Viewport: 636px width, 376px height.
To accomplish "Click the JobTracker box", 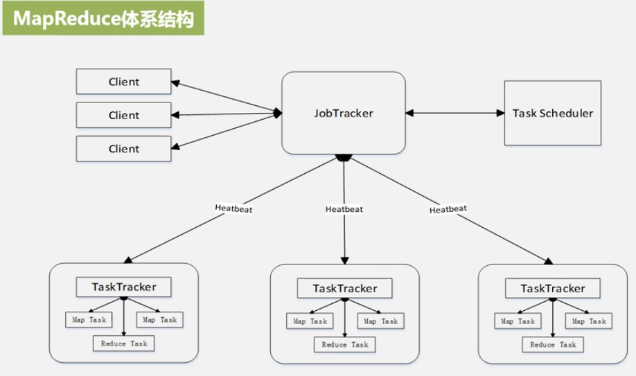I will coord(343,113).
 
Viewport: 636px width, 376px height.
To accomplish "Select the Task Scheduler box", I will coord(553,113).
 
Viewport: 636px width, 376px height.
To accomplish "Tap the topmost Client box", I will coord(123,82).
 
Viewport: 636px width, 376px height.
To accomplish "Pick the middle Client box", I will coord(123,115).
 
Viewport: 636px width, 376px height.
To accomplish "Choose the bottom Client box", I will coord(123,148).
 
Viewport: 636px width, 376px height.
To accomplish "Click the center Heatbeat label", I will coord(344,208).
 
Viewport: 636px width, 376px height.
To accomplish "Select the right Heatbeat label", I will coord(448,208).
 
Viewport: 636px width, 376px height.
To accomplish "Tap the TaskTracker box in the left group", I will coord(124,287).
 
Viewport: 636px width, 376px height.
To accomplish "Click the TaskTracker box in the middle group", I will coord(345,288).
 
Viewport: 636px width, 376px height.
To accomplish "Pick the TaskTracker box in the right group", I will coord(552,288).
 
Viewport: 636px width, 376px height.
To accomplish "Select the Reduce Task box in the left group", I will coord(124,343).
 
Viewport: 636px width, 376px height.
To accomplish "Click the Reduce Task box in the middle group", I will coord(345,344).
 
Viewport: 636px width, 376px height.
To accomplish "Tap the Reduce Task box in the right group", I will coord(553,344).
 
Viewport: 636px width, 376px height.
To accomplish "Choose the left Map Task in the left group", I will coord(87,320).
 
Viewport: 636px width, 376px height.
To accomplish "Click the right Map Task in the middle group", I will coord(380,321).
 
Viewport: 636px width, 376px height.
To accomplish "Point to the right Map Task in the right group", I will coord(588,321).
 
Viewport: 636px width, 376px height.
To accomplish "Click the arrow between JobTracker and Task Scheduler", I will coord(454,112).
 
